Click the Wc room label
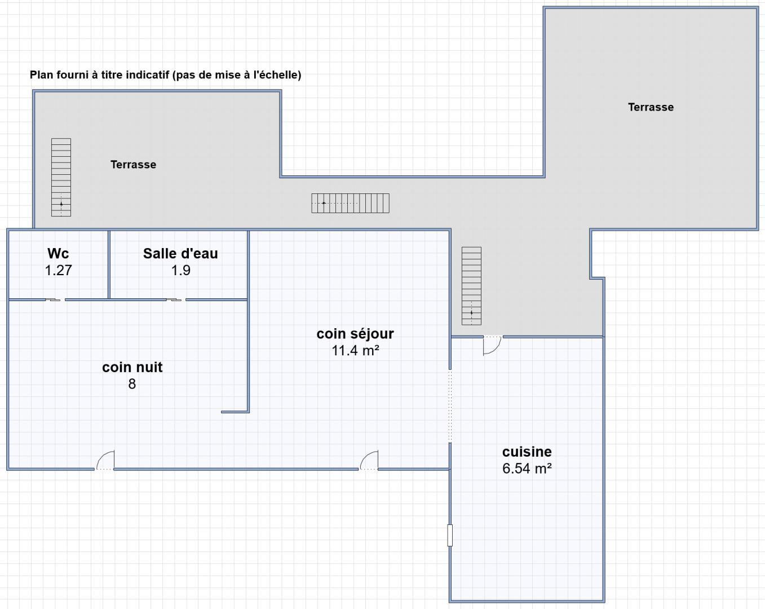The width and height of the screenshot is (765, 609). click(58, 254)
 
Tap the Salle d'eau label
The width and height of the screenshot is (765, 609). click(180, 254)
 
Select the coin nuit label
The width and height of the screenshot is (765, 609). click(132, 367)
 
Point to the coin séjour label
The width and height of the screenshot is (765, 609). click(355, 334)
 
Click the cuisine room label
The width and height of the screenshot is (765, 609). click(527, 452)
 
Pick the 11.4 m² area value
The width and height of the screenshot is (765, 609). click(355, 351)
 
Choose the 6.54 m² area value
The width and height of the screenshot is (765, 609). click(527, 469)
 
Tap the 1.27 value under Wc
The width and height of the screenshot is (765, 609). click(58, 271)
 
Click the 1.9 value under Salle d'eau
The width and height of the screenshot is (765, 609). click(180, 271)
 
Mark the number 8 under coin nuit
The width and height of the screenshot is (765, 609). click(132, 384)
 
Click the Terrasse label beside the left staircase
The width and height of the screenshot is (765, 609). click(133, 165)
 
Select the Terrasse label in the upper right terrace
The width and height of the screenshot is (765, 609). click(651, 107)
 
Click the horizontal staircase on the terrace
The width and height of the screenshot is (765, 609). click(350, 204)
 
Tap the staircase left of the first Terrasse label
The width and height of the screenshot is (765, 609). click(61, 178)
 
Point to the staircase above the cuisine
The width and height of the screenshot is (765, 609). click(471, 286)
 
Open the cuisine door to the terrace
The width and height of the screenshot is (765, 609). click(492, 345)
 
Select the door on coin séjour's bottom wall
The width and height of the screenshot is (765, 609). click(369, 460)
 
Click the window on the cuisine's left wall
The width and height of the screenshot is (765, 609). click(450, 535)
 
